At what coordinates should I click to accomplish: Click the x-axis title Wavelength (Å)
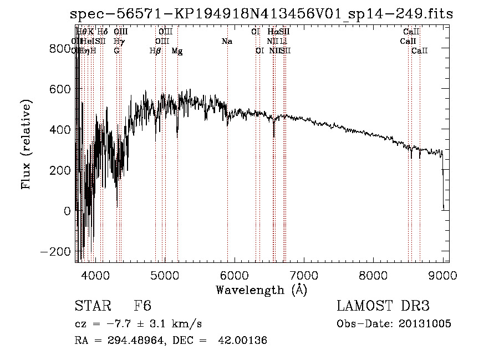[x=261, y=289]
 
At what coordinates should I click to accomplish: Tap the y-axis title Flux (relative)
[x=26, y=145]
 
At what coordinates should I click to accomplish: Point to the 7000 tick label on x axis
[x=303, y=274]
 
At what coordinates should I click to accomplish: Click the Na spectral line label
[x=226, y=41]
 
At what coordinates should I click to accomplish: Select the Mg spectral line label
[x=177, y=51]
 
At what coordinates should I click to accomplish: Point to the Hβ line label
[x=155, y=51]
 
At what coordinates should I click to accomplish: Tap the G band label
[x=116, y=51]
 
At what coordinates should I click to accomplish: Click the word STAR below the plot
[x=91, y=306]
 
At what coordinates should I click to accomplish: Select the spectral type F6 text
[x=142, y=306]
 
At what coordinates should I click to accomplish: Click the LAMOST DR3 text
[x=383, y=306]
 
